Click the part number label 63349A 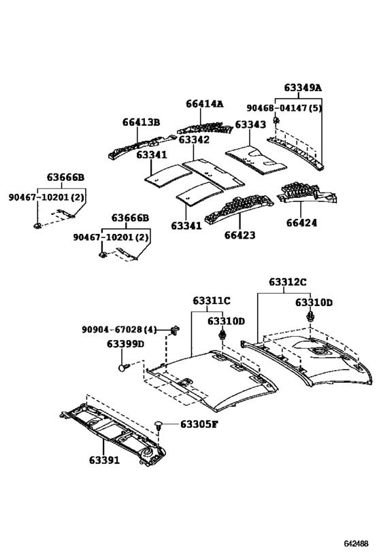click(303, 88)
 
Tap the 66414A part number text click(204, 104)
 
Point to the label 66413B click(141, 122)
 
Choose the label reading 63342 click(194, 139)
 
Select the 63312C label click(287, 281)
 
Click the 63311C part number click(211, 300)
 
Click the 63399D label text click(125, 344)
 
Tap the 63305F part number click(199, 424)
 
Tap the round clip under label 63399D click(123, 367)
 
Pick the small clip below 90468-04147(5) click(276, 120)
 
